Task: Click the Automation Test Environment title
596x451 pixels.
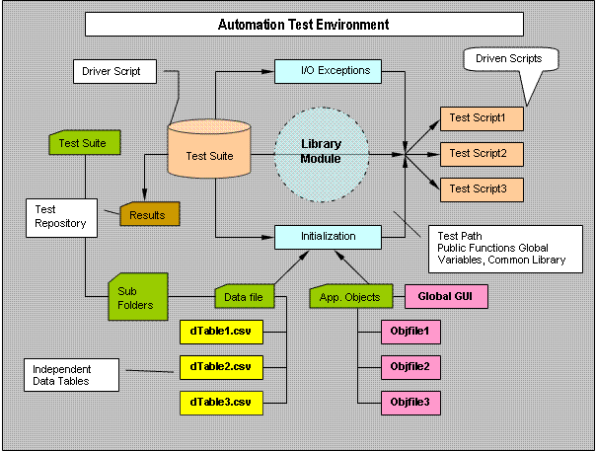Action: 304,24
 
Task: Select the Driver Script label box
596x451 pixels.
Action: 112,71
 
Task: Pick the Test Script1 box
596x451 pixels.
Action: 479,118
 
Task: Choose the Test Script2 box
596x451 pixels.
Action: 479,153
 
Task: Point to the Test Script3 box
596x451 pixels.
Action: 479,188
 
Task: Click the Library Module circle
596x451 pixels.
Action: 322,152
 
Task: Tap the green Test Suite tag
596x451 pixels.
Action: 84,142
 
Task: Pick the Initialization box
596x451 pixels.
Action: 329,237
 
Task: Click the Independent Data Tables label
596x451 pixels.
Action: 72,374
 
